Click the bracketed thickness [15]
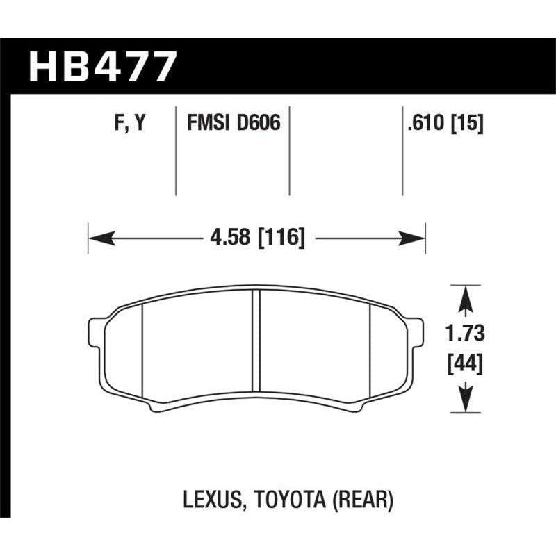(x=468, y=124)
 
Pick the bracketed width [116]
(x=281, y=238)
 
